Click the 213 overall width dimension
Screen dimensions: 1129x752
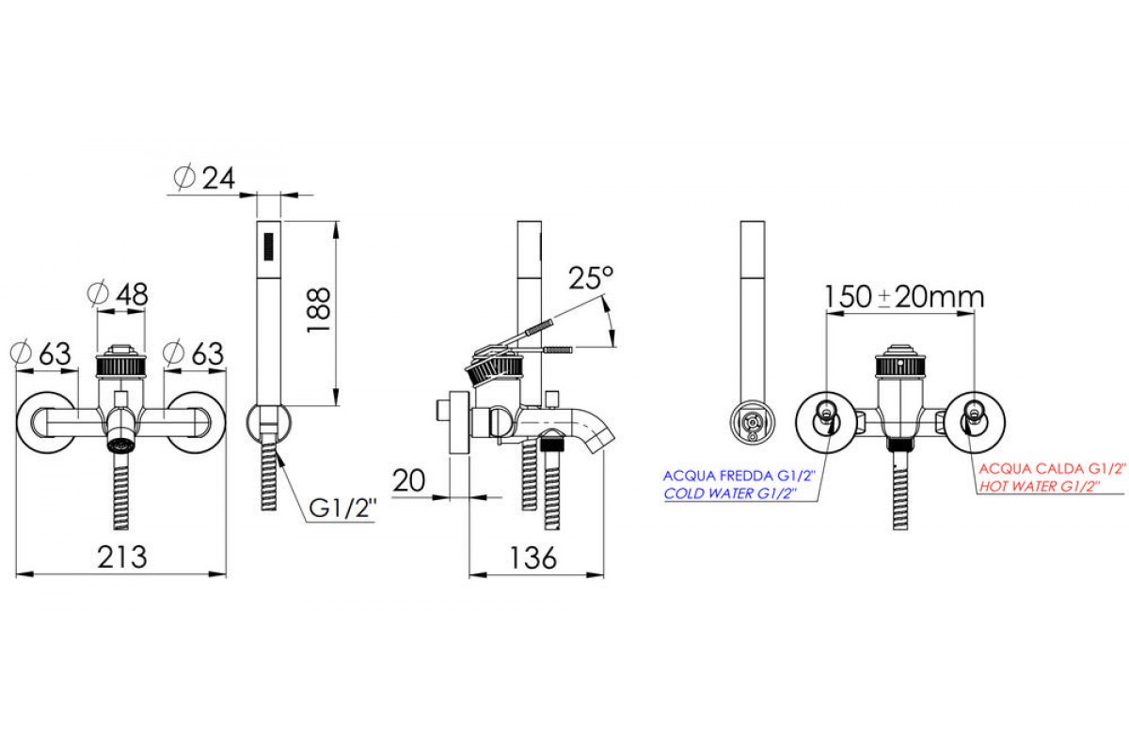(x=122, y=557)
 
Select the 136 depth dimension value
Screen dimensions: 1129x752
(x=533, y=557)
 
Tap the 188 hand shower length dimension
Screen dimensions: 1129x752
(x=319, y=310)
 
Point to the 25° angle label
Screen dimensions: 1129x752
(x=591, y=277)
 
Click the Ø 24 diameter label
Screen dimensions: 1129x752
(x=204, y=178)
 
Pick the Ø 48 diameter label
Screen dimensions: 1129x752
(x=118, y=294)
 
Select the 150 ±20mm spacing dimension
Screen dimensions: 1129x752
(x=904, y=297)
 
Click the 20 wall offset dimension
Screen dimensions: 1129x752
(x=408, y=481)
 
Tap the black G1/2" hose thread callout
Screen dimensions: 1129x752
(x=342, y=509)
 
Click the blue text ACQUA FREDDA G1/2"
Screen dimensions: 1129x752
(x=739, y=476)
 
